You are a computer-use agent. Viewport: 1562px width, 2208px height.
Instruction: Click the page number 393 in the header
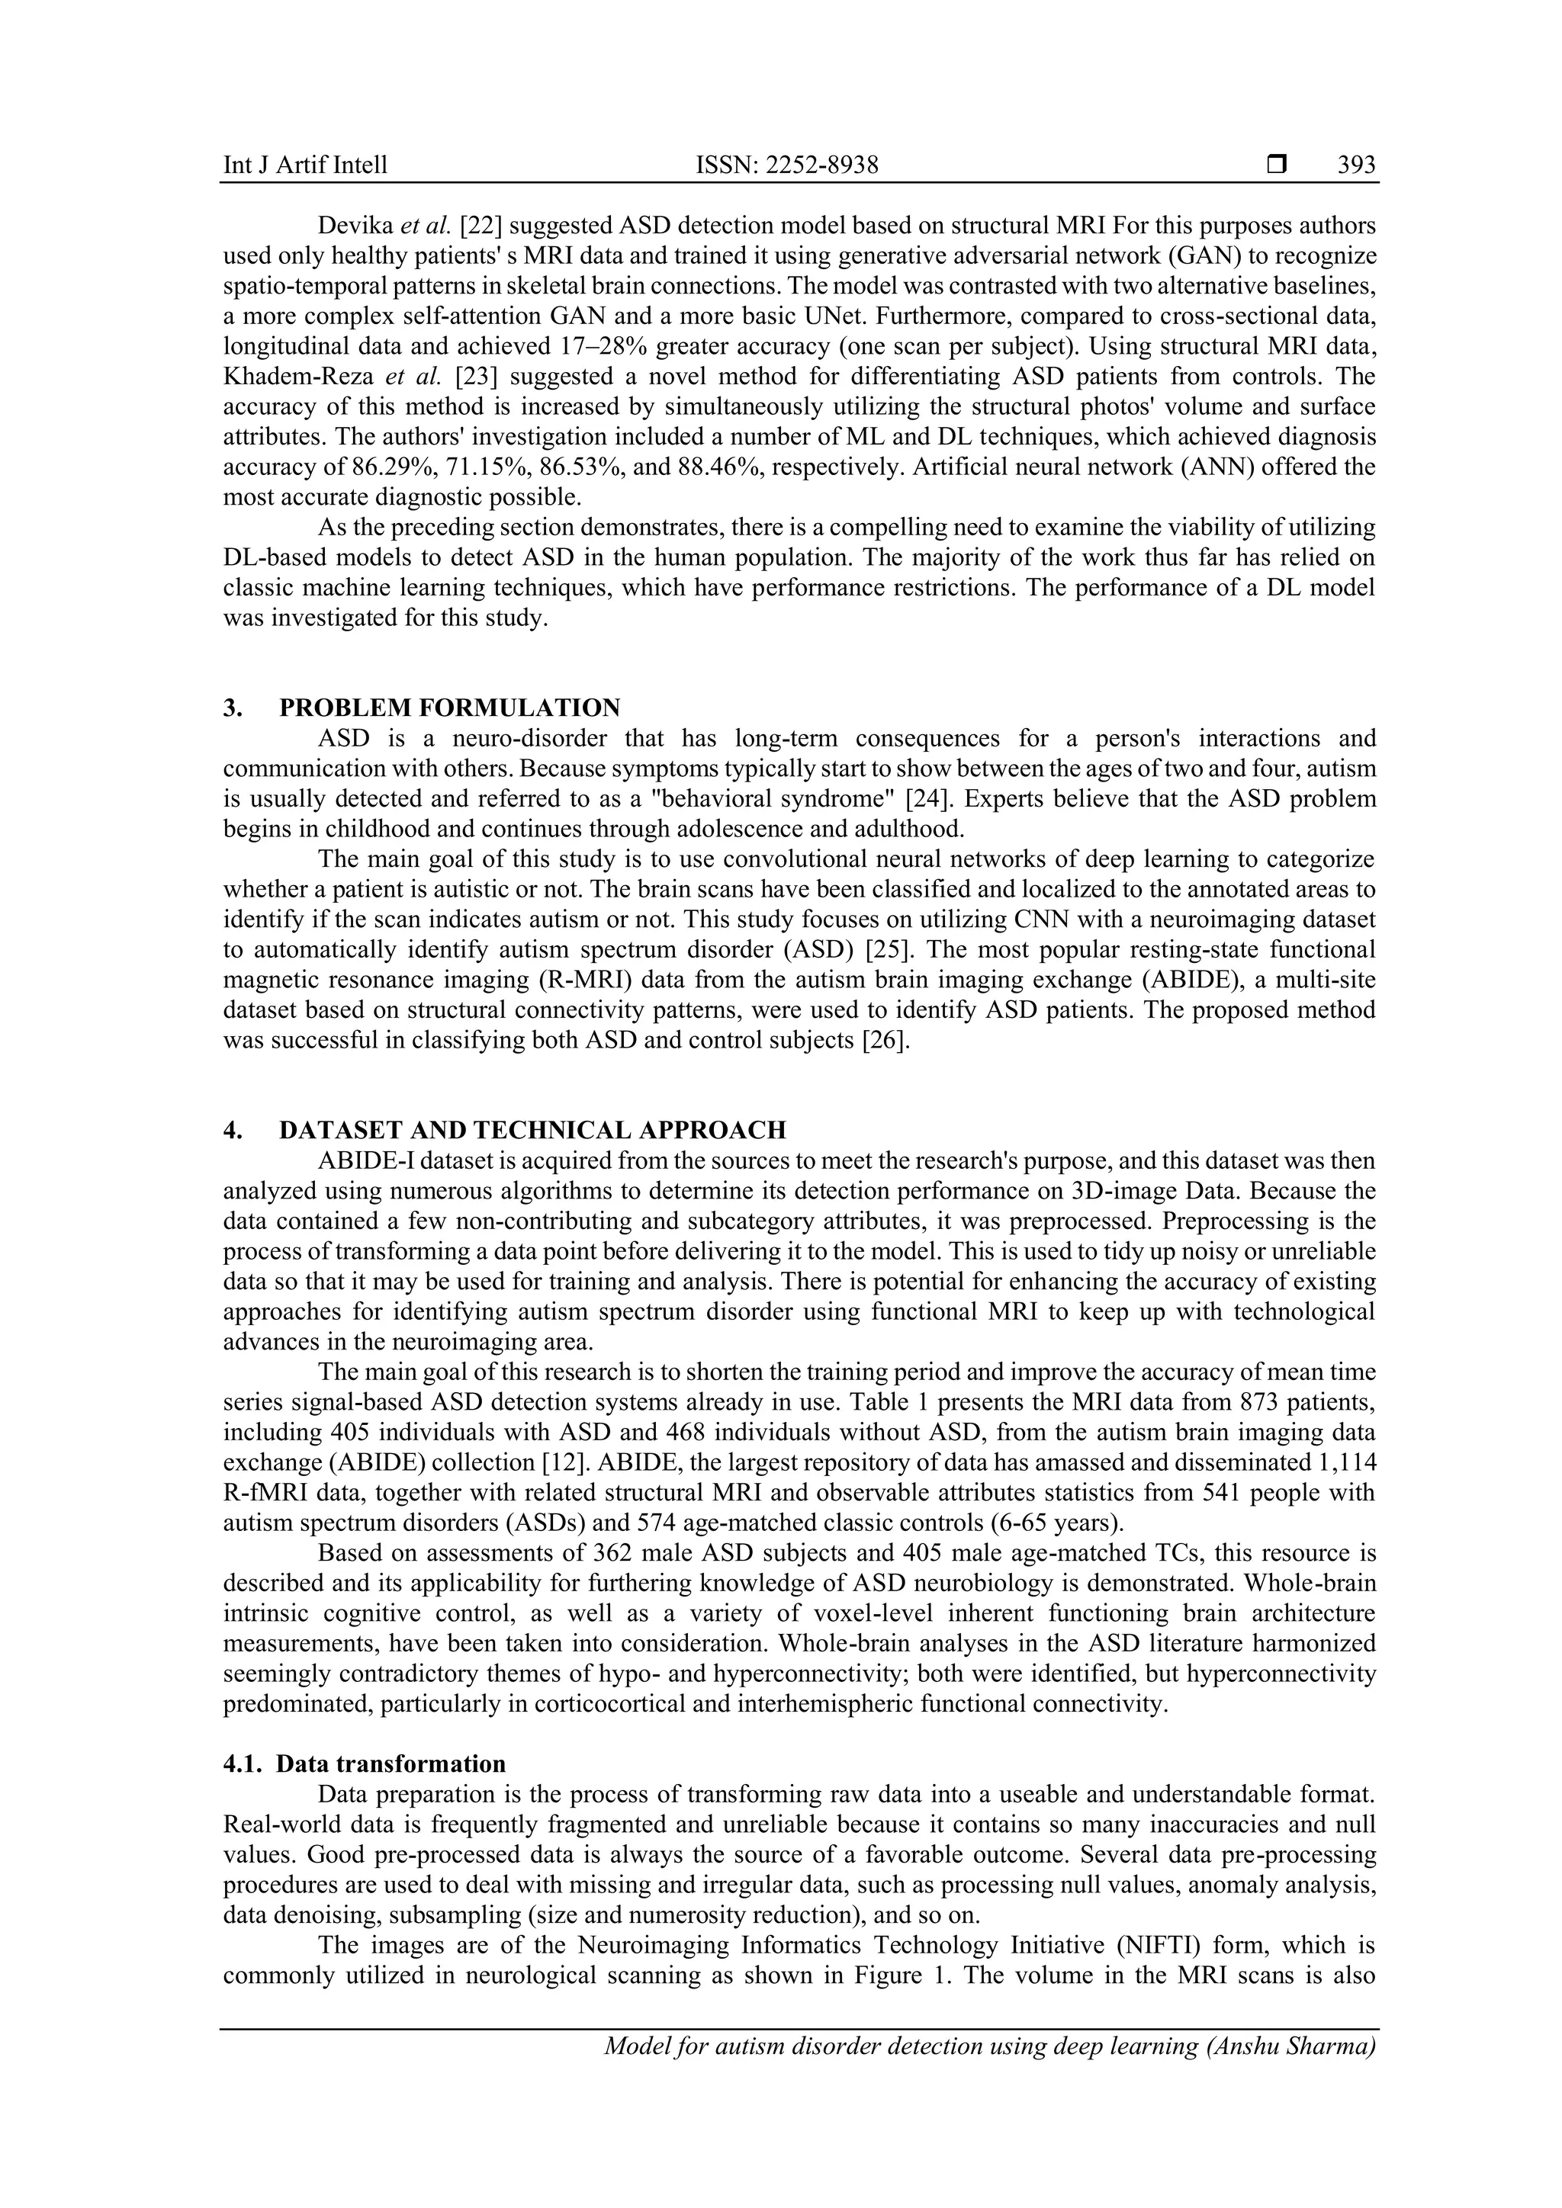click(x=1356, y=165)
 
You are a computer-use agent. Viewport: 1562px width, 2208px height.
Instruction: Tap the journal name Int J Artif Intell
click(x=305, y=165)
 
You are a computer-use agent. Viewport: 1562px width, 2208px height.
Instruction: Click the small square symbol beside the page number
click(x=1276, y=165)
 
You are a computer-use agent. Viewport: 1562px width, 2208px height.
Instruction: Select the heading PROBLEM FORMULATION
click(x=449, y=708)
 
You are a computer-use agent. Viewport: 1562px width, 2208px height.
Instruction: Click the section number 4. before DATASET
click(x=232, y=1130)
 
